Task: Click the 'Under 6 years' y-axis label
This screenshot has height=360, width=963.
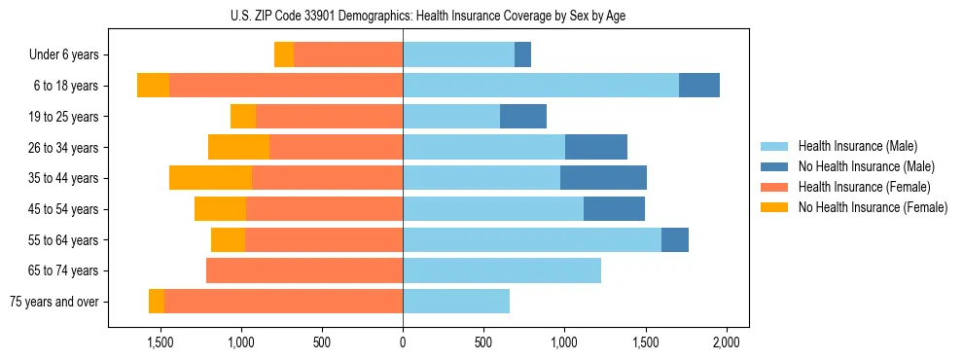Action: coord(64,55)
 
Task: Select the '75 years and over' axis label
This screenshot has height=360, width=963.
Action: coord(53,302)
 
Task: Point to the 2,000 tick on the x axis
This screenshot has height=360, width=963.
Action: coord(726,342)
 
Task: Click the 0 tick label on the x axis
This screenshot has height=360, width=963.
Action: coord(403,342)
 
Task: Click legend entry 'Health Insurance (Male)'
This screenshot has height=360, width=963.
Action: coord(857,146)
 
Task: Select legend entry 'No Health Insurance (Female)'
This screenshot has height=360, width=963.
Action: coord(873,207)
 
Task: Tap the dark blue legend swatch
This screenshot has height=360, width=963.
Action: coord(774,166)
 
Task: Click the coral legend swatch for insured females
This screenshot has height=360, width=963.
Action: coord(774,187)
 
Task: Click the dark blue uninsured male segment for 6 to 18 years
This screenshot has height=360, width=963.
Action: coord(699,86)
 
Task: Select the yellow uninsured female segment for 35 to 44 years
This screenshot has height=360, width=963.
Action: coord(210,178)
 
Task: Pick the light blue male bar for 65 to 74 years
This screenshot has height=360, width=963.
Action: coord(502,270)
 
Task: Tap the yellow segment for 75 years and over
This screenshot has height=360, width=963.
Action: coord(157,302)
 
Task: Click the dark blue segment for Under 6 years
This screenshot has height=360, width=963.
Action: coord(522,55)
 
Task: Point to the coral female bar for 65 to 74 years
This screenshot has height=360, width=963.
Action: coord(304,270)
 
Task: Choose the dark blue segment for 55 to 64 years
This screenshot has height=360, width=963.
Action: coord(675,239)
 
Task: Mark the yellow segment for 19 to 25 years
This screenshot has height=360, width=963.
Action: coord(243,117)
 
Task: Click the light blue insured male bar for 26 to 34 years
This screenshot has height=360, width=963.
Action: coord(483,147)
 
